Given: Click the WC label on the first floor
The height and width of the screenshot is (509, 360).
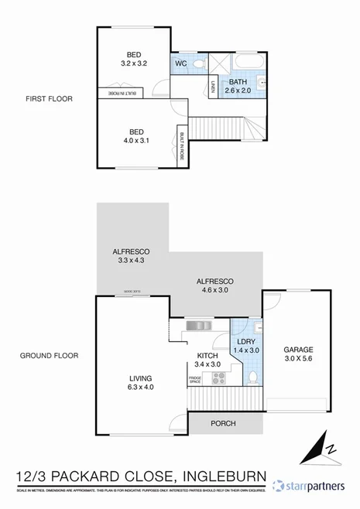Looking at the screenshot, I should coord(181,63).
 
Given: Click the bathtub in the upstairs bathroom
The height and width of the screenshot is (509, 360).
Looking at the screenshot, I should coord(252,62).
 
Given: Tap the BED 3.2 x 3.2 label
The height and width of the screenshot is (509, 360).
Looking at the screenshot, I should coord(133,60).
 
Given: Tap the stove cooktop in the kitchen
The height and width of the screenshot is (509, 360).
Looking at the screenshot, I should coord(218,378).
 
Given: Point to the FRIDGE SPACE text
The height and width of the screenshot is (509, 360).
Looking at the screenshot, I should coord(196,379).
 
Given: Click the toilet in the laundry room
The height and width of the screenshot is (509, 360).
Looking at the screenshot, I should coord(252,377).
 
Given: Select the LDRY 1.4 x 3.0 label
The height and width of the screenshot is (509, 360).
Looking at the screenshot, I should coord(247,346).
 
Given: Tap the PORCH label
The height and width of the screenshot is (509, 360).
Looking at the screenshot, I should coord(223,423).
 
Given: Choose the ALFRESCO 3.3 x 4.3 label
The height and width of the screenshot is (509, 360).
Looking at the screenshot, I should coord(129,256).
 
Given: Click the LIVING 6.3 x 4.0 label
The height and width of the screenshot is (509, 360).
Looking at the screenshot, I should coord(141,383).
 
